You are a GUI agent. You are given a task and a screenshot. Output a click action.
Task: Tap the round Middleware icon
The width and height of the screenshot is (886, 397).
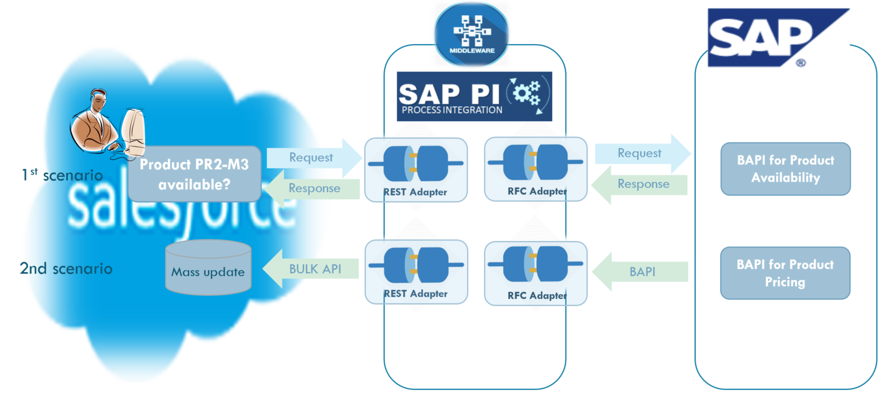[x=471, y=35]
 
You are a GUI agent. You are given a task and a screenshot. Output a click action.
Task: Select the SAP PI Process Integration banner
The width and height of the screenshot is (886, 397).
[x=474, y=97]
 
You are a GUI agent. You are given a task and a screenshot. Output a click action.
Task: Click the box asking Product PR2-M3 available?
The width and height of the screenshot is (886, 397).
[x=194, y=174]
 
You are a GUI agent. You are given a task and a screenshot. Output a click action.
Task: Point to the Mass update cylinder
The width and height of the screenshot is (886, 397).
[x=208, y=268]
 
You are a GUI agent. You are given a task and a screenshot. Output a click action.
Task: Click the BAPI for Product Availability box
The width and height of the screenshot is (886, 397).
[x=785, y=169]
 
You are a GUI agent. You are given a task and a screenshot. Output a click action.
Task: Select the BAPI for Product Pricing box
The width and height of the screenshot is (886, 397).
[x=785, y=273]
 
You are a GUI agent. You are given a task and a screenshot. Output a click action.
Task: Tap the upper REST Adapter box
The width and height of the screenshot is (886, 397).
[x=416, y=170]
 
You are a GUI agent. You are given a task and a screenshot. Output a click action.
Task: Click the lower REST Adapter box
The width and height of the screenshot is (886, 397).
[x=416, y=272]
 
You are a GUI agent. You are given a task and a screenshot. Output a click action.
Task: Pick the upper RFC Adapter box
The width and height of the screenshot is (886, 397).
[x=535, y=169]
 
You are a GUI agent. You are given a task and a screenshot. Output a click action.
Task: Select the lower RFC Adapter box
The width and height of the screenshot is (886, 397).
[x=535, y=273]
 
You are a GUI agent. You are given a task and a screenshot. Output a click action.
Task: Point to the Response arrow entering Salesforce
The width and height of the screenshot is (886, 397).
[x=313, y=189]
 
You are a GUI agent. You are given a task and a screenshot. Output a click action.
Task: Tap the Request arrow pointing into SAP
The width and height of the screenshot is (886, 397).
[x=641, y=153]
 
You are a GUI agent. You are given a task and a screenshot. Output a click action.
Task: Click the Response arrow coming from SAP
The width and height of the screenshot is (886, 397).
[x=641, y=184]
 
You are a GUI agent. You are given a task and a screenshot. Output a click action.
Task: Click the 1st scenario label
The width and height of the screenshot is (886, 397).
[x=62, y=175]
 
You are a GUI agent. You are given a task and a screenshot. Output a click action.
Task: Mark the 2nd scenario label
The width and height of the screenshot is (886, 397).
[x=66, y=268]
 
